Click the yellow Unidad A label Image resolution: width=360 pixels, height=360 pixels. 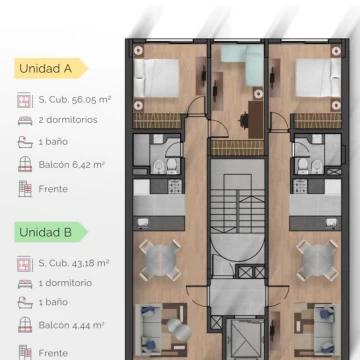point(51,68)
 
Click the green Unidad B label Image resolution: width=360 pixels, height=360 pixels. point(51,232)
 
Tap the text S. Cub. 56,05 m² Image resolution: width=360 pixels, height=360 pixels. point(75,100)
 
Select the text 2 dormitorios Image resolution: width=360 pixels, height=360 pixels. point(68,120)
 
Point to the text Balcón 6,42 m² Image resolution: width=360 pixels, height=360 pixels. point(72,165)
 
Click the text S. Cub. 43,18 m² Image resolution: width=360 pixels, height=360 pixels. point(74,263)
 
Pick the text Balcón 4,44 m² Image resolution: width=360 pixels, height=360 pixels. point(72,325)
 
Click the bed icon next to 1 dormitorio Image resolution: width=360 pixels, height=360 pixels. point(25,283)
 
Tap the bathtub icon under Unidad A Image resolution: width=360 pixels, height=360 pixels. point(25,142)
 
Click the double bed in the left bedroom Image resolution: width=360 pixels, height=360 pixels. point(157,78)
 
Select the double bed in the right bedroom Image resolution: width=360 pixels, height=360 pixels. point(318,78)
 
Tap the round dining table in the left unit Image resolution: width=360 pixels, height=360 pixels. point(160,260)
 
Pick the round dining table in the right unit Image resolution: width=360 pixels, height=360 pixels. point(317,260)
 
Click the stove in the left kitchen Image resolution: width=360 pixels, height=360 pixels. point(175,186)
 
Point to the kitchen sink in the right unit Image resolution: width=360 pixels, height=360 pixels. point(332,222)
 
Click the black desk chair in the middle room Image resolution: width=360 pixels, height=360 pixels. point(244,120)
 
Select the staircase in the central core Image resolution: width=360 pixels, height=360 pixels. point(237,203)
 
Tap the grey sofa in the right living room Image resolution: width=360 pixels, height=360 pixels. point(324,329)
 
